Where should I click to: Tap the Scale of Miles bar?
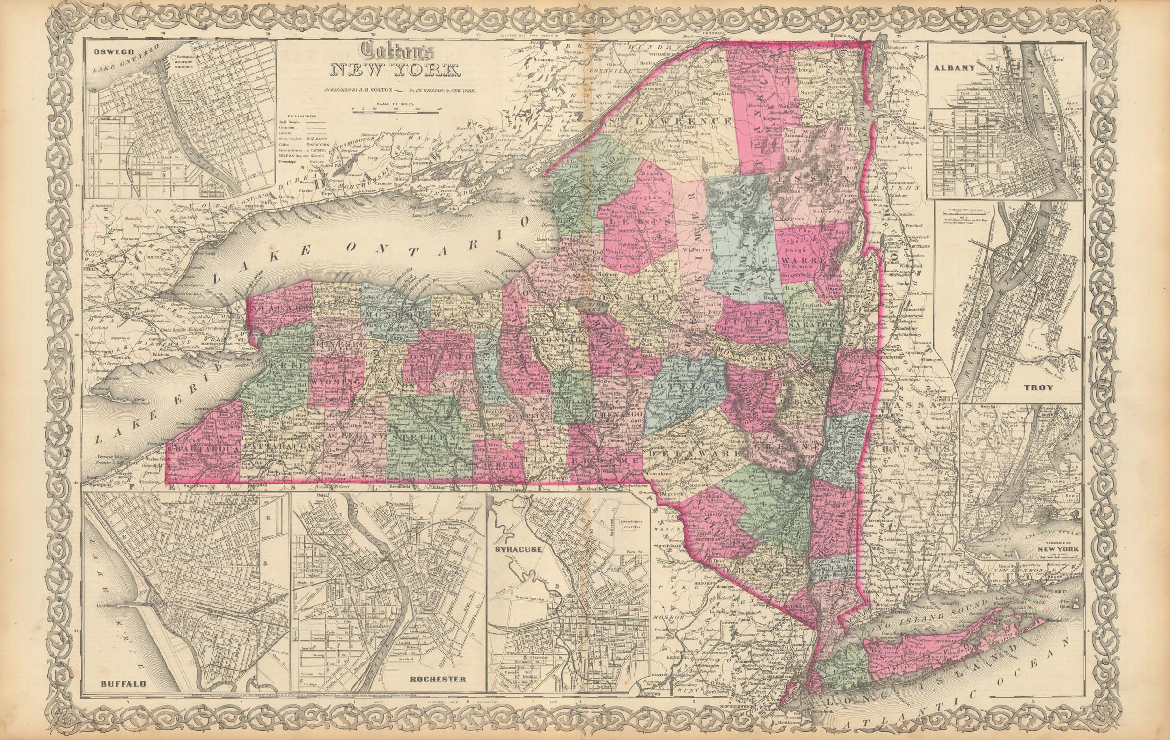click(395, 111)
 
